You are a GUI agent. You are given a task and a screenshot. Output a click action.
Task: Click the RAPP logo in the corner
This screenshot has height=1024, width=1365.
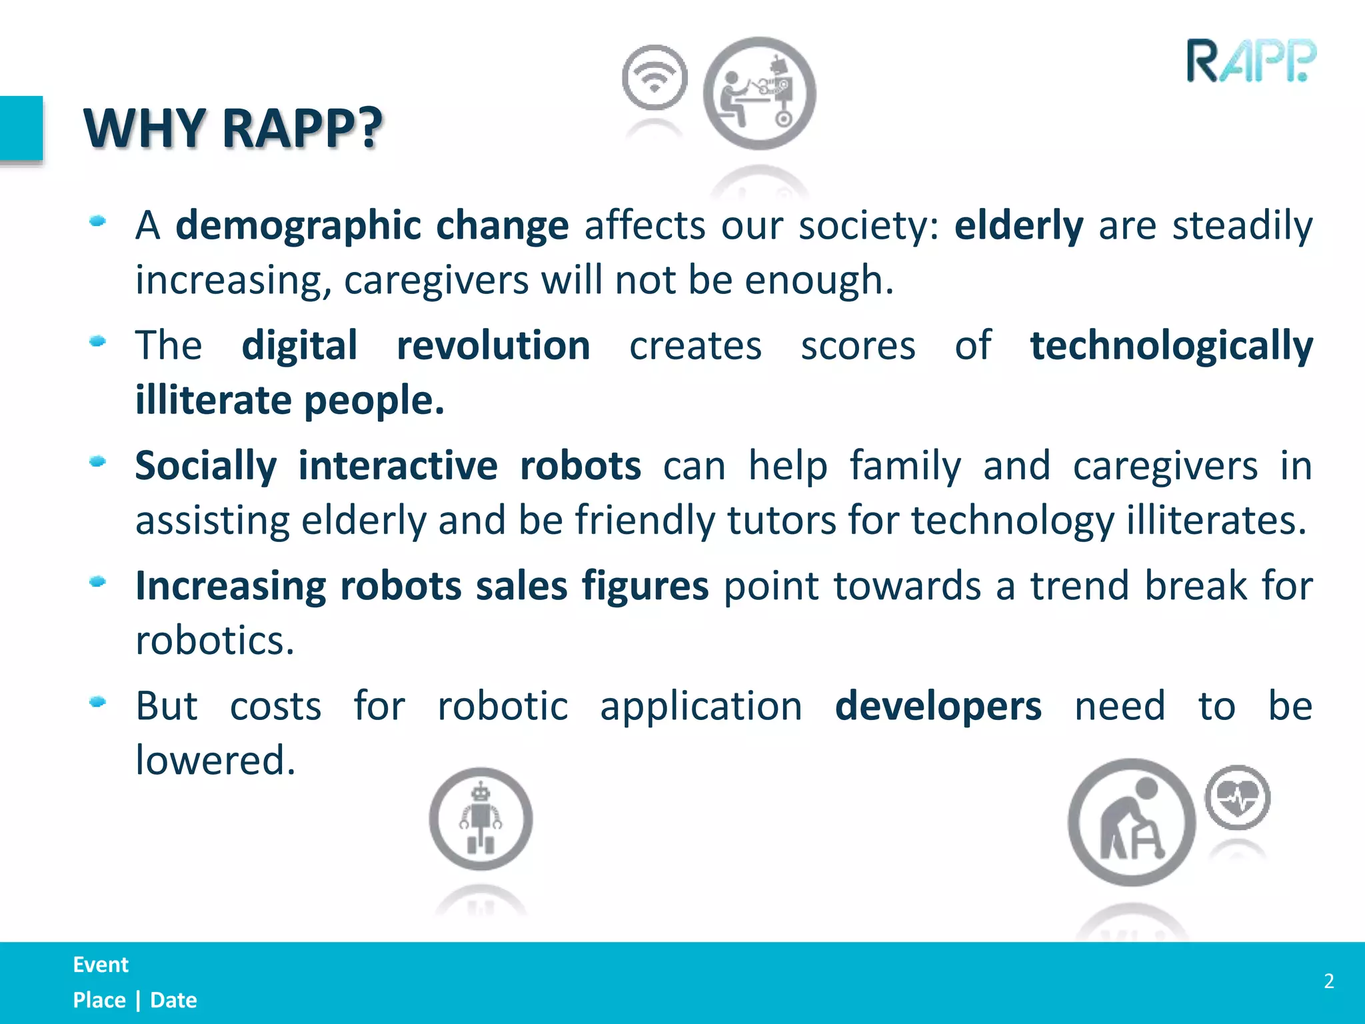pos(1251,61)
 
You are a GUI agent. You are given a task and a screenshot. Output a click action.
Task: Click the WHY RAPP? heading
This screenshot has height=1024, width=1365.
pos(233,128)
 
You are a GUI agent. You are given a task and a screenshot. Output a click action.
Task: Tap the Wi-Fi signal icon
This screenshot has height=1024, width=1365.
pos(655,78)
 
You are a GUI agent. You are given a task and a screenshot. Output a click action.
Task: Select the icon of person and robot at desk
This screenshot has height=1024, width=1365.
pos(759,93)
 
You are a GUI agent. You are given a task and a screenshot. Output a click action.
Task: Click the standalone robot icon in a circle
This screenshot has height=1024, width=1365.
pos(481,819)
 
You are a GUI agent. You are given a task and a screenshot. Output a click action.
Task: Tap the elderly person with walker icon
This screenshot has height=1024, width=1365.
pos(1131,823)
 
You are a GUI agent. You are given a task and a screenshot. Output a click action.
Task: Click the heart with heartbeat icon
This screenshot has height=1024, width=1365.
pos(1237,797)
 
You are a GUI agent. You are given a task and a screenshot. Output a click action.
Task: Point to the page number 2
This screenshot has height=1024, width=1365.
pos(1328,981)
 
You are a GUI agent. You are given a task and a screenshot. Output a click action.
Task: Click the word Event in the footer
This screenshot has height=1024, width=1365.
pos(101,965)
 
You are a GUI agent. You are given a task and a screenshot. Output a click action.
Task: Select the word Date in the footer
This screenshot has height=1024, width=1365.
pos(173,1000)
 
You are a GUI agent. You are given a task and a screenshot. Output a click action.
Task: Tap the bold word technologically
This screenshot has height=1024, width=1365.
pos(1171,347)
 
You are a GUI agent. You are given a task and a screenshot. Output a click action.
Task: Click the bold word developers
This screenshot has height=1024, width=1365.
pos(938,707)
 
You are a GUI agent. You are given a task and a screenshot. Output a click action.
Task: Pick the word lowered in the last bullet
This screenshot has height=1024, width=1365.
pos(215,760)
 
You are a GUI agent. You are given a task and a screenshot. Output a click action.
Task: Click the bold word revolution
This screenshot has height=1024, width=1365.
pos(493,347)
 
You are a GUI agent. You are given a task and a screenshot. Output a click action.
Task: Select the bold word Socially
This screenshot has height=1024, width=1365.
pos(205,467)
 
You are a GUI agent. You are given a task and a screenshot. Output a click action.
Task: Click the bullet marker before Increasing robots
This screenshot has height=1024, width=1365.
pos(98,582)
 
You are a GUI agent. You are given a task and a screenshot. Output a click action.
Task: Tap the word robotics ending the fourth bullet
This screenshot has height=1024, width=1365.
pos(215,641)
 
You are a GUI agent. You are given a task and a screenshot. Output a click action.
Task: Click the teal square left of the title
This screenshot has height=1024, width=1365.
pos(21,129)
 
